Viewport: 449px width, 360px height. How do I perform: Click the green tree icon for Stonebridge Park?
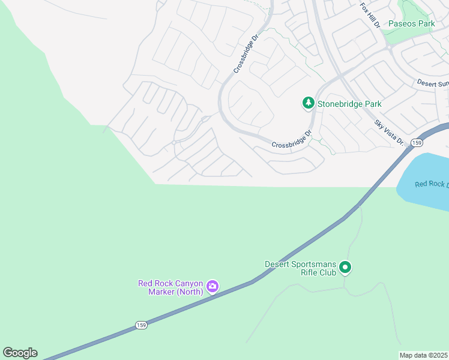(x=309, y=103)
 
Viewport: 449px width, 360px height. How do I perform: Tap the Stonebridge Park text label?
(x=349, y=104)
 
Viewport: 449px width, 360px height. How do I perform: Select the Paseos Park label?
(x=411, y=24)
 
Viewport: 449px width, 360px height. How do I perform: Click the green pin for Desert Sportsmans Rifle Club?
(x=345, y=267)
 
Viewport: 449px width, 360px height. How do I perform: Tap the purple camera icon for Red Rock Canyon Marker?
(x=212, y=287)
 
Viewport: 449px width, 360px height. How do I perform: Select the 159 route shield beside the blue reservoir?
(x=417, y=143)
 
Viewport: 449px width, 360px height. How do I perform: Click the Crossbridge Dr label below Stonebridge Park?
(x=292, y=140)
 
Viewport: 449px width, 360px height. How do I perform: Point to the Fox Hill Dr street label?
(x=371, y=16)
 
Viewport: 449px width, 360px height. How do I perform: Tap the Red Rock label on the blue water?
(x=431, y=184)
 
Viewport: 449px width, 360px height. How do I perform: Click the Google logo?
(x=20, y=353)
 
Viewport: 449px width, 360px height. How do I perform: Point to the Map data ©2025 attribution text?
(x=423, y=355)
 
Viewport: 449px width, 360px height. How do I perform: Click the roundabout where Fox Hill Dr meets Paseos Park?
(x=388, y=46)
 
